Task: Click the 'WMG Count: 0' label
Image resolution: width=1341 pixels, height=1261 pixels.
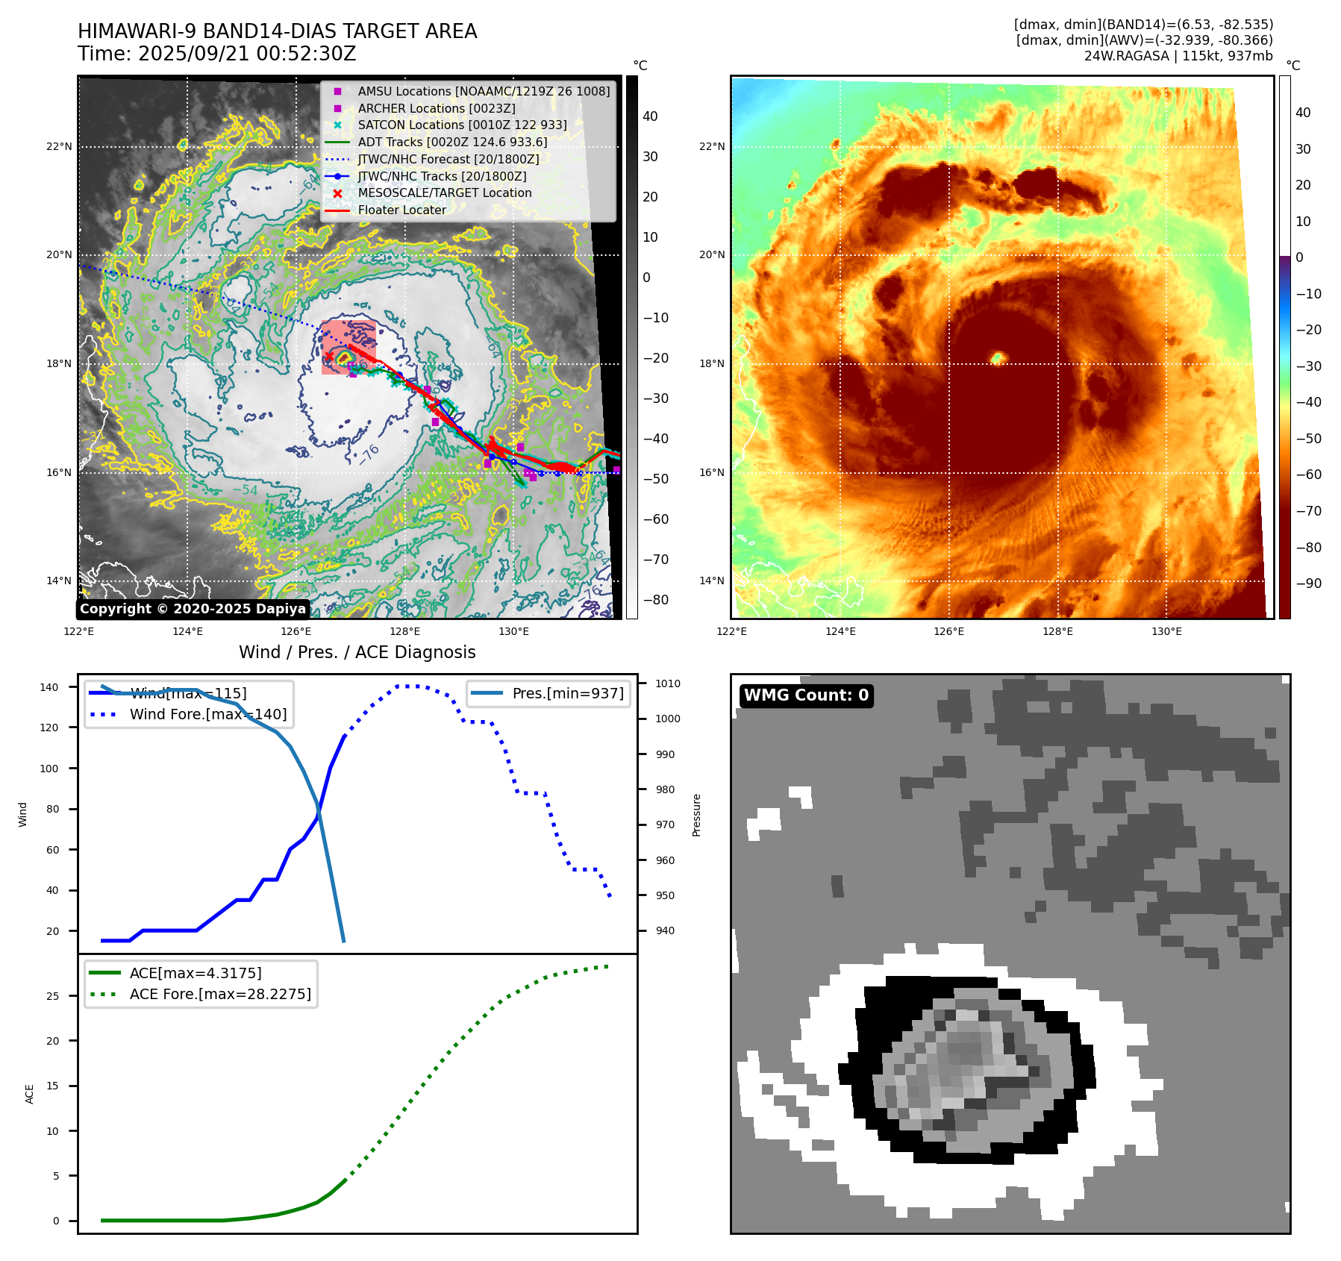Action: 806,695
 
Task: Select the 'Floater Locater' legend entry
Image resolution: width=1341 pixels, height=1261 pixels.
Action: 401,210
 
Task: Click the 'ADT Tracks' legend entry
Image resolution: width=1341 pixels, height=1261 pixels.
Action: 452,142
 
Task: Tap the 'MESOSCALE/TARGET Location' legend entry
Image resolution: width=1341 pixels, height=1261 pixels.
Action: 445,193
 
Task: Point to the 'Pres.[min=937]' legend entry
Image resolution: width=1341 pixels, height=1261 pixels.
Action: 567,693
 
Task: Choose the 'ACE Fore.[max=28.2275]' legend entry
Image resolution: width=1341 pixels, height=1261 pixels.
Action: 220,994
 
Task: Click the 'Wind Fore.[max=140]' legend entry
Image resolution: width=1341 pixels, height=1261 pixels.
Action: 207,714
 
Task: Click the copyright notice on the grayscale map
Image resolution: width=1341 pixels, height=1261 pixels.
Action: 193,609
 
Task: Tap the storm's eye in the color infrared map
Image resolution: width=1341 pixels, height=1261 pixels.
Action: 998,359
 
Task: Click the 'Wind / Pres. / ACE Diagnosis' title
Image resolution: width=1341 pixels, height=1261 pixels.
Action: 357,652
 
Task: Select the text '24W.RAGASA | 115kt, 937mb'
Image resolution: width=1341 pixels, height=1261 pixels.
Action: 1178,56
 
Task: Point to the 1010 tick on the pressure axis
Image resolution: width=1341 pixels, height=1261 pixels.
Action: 667,683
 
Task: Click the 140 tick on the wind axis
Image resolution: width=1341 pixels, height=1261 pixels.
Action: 49,687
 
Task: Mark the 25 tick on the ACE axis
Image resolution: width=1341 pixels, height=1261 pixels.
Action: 52,996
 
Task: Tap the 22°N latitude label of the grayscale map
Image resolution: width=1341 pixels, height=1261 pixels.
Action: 59,146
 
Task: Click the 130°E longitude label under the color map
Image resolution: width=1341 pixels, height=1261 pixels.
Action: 1166,631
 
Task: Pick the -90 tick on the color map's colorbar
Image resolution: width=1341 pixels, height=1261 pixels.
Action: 1308,583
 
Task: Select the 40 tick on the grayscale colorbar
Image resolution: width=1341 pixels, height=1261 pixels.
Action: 650,116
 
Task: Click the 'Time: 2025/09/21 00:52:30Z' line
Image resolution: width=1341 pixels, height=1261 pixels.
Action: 217,54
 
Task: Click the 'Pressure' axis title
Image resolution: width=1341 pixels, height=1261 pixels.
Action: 696,815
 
